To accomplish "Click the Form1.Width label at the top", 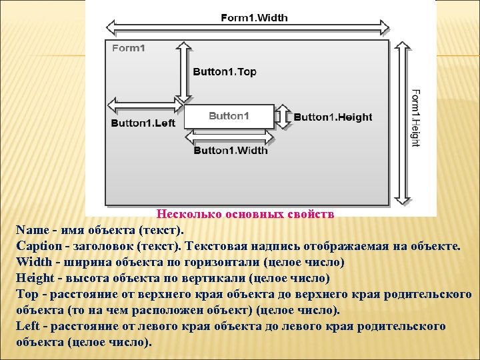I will [x=254, y=17].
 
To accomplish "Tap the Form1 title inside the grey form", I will [x=129, y=48].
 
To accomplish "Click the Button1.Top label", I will [x=224, y=72].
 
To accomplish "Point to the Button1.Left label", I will [x=143, y=123].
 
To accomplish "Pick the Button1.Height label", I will [x=333, y=117].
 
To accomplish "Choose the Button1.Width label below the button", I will [x=231, y=150].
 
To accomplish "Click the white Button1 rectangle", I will [x=229, y=116].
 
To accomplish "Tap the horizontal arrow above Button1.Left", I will [x=144, y=105].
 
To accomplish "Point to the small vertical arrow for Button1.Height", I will [x=283, y=115].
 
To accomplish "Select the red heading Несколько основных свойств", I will [x=245, y=215].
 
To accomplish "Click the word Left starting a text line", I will [x=27, y=327].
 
